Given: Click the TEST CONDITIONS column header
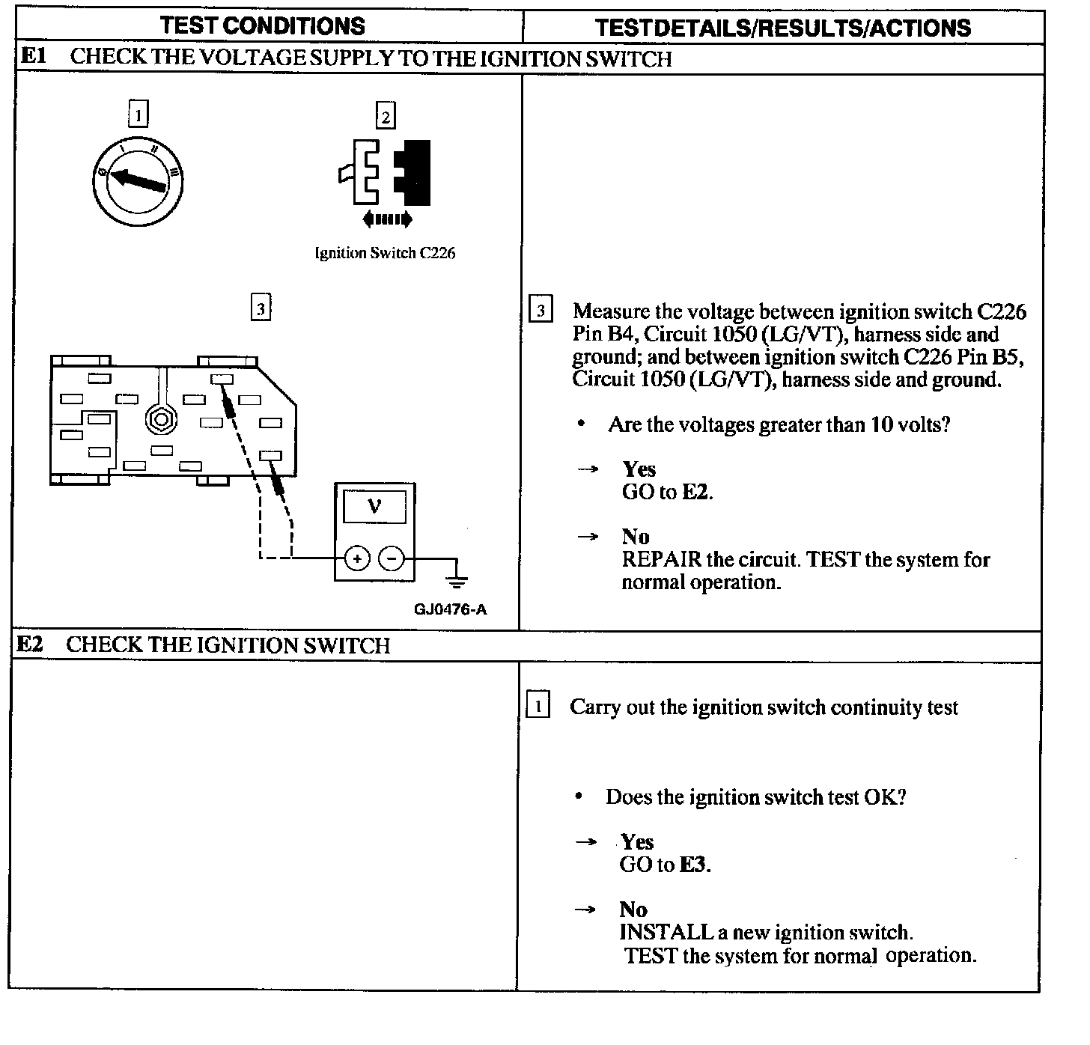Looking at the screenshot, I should coord(262,25).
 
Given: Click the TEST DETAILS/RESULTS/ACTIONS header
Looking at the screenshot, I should coord(782,28).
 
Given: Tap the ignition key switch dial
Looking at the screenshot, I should coord(138,180).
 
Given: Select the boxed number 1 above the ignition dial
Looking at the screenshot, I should coord(138,115).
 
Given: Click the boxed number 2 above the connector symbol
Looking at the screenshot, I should coord(385,116).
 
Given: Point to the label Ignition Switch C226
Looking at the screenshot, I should coord(385,253).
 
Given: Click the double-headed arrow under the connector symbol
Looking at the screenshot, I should coord(386,219).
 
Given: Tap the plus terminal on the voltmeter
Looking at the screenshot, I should coord(357,558).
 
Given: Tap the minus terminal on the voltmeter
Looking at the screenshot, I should coord(391,558).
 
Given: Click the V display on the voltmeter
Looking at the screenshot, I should coord(374,506).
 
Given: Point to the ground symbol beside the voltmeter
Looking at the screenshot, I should coord(457,580).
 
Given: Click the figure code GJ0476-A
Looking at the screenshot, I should coord(450,609).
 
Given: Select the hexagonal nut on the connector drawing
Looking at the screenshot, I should coord(160,419).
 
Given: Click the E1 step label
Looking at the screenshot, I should coord(32,57).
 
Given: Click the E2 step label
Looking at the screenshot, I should coord(29,645).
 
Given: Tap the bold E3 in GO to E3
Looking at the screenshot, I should coord(692,865).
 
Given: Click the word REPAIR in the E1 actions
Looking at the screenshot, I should coord(662,560).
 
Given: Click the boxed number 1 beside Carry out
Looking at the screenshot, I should coord(538,707).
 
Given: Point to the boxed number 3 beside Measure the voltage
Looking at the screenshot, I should coord(541,311).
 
